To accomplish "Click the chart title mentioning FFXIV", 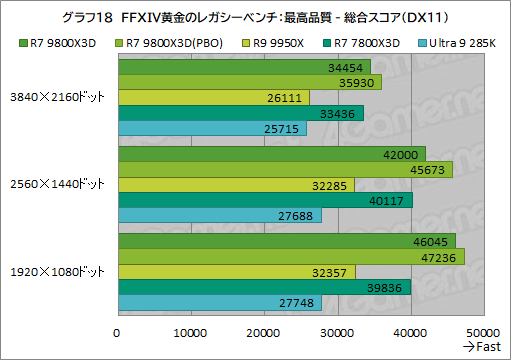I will (255, 17).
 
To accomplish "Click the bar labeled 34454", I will (244, 66).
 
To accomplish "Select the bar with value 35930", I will (249, 82).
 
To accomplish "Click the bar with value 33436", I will (240, 114).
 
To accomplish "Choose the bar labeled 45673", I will (285, 169).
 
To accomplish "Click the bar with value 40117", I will (264, 201).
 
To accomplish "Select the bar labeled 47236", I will (290, 256).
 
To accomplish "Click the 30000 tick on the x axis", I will (337, 332).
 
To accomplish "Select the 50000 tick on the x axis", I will (483, 332).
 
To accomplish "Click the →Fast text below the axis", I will (481, 346).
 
